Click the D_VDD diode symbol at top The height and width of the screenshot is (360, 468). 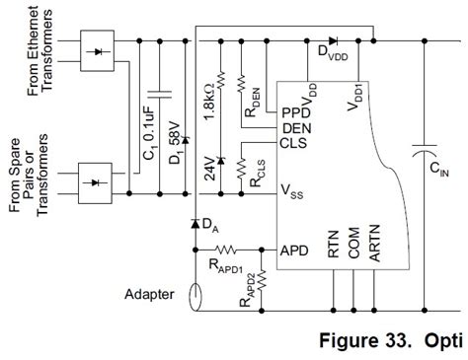(334, 41)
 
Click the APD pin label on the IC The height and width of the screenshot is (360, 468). (295, 250)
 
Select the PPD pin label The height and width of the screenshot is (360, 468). (293, 111)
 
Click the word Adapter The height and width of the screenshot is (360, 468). (150, 293)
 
